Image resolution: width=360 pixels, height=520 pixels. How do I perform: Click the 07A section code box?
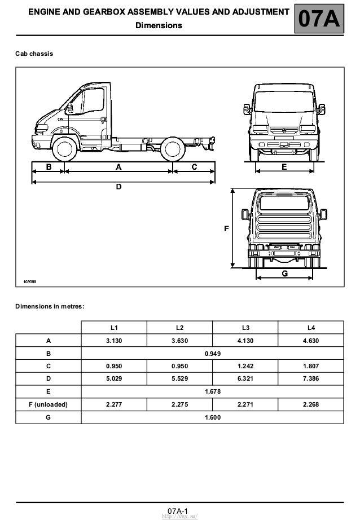(x=319, y=20)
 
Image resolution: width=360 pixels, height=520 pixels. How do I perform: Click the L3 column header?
(x=245, y=327)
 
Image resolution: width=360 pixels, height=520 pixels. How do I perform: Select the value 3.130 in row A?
(x=114, y=341)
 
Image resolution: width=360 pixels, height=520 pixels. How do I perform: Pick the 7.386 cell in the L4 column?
(x=310, y=378)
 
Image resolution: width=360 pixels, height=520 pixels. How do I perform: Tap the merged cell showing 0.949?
(x=213, y=354)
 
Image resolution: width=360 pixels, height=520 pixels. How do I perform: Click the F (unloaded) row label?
(x=48, y=404)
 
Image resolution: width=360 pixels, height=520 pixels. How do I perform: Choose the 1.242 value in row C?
(x=245, y=366)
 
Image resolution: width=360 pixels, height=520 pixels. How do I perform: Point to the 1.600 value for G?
(x=213, y=417)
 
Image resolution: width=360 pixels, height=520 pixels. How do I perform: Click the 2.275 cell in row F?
(x=179, y=404)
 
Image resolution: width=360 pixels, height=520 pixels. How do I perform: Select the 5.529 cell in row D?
(x=179, y=378)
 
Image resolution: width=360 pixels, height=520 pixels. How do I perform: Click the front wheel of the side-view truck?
(x=65, y=149)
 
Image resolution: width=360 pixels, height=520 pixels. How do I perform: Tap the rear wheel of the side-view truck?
(x=172, y=149)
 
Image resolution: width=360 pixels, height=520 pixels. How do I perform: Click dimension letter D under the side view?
(x=118, y=187)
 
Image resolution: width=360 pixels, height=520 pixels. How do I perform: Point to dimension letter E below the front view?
(x=284, y=167)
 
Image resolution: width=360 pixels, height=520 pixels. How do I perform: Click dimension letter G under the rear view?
(x=284, y=274)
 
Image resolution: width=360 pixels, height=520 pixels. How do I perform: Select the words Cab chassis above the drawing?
(x=34, y=54)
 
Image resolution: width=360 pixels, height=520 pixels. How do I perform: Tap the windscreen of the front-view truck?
(x=284, y=102)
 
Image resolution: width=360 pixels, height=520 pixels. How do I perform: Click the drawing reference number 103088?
(x=30, y=280)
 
